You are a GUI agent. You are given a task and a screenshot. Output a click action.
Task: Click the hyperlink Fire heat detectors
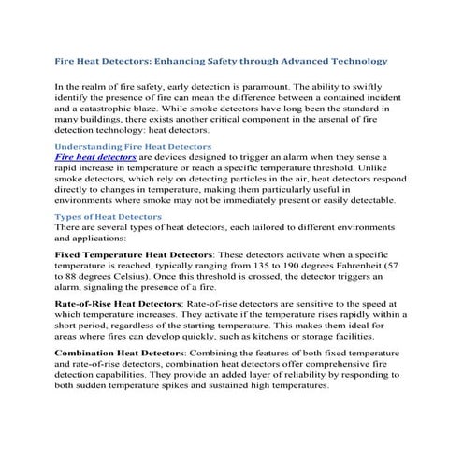click(96, 159)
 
